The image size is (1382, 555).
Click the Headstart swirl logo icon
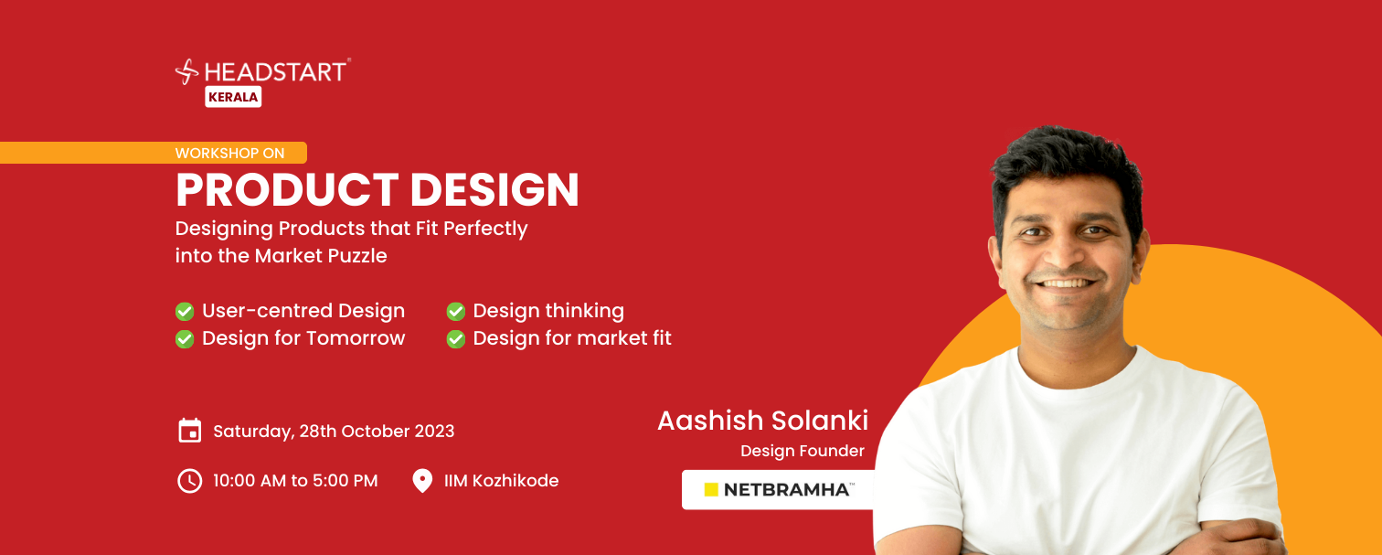[187, 71]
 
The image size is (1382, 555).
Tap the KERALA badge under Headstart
[233, 97]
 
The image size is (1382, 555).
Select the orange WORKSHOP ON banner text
[229, 153]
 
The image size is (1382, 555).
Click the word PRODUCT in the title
[287, 189]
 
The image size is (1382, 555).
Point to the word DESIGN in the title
[494, 189]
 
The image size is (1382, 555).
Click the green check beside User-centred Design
[185, 312]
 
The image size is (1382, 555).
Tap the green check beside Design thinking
[456, 312]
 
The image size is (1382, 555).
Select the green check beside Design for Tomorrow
[185, 339]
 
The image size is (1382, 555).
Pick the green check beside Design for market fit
[456, 339]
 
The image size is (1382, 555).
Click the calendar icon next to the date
[190, 431]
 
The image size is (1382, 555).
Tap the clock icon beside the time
[190, 481]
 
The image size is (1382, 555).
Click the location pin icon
[422, 481]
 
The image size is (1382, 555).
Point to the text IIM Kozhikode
[502, 481]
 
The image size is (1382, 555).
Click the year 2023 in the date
[434, 431]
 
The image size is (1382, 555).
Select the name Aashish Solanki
[763, 421]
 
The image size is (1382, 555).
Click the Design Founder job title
[803, 452]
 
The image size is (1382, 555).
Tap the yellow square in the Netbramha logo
[711, 489]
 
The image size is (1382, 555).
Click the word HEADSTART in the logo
[275, 72]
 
